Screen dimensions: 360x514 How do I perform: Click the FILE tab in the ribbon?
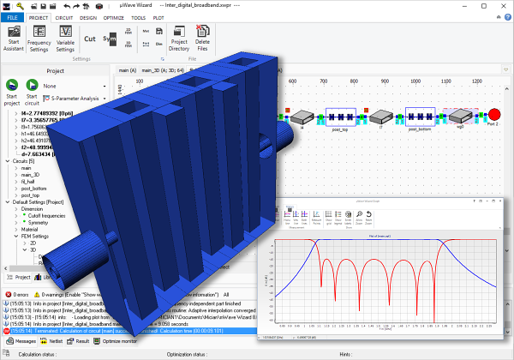[13, 16]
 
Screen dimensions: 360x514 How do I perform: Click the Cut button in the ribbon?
[90, 38]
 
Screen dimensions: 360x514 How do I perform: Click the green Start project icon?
[12, 86]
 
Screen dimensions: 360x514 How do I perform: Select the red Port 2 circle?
[493, 115]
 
